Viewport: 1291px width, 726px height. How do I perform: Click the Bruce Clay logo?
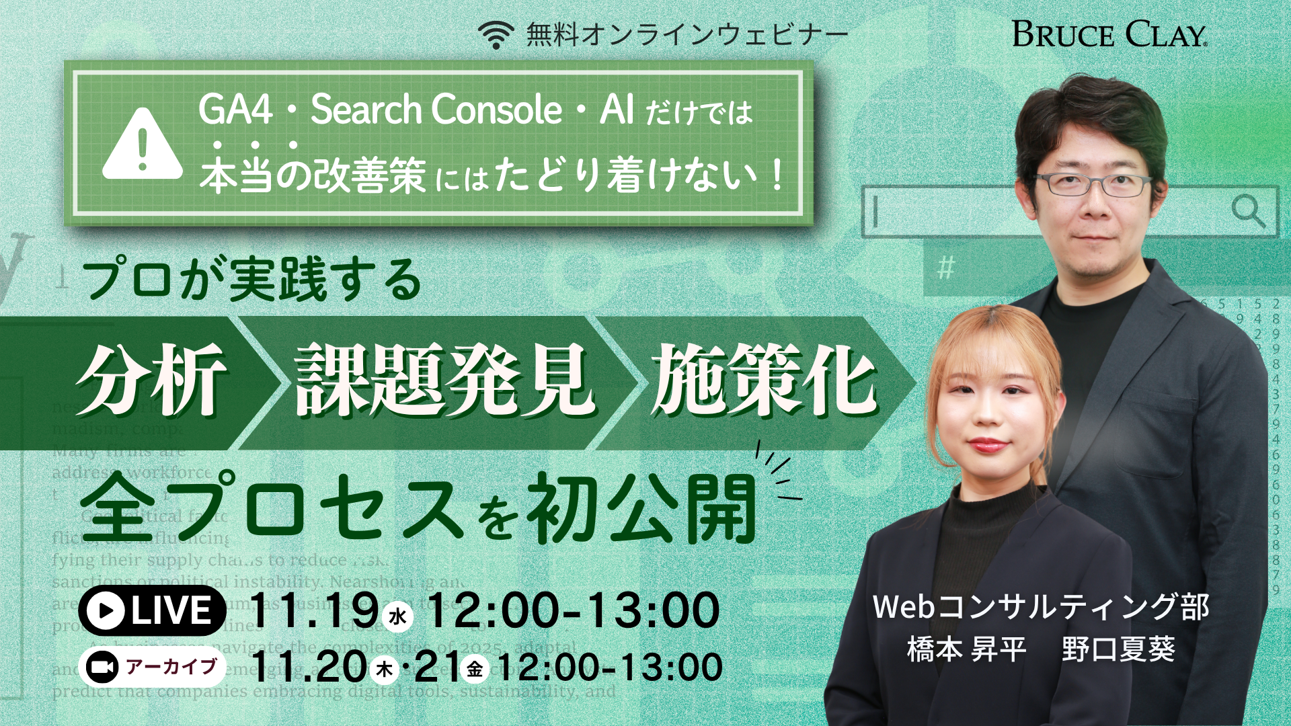(1109, 34)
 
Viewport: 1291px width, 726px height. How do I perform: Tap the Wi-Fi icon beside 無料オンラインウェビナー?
(496, 35)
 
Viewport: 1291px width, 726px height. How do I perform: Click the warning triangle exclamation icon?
(143, 145)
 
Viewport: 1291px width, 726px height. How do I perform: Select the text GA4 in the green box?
(235, 110)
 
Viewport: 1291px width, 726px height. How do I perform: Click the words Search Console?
(436, 110)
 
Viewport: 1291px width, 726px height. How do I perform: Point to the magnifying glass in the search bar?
(1247, 211)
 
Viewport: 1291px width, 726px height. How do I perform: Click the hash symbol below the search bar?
(946, 269)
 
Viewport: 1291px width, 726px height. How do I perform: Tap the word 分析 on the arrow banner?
(151, 380)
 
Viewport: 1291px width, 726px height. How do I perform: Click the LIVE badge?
(152, 610)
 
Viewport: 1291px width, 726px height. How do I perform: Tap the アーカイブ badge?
(152, 667)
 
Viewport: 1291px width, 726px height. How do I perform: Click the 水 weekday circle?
(397, 616)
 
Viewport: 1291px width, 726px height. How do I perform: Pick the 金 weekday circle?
(475, 669)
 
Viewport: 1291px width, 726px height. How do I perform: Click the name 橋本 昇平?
(966, 649)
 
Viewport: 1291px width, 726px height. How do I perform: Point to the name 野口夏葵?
(1118, 649)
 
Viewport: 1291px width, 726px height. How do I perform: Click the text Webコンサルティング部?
(1041, 607)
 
